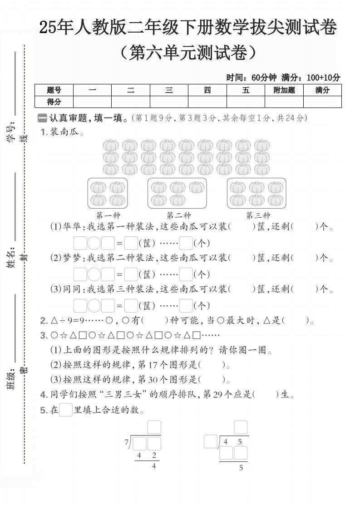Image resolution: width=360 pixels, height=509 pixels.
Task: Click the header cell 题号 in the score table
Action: pos(54,90)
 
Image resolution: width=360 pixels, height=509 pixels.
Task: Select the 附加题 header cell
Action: pos(284,90)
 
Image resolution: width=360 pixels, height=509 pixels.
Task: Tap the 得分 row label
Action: pos(54,102)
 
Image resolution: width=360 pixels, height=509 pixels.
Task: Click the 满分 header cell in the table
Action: pos(322,90)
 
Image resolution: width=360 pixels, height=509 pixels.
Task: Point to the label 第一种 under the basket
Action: pos(108,215)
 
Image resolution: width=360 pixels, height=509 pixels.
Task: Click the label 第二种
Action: pos(178,215)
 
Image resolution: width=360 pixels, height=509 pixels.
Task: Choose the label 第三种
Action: pos(258,215)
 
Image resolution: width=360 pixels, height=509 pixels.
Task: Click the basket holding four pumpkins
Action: pos(108,193)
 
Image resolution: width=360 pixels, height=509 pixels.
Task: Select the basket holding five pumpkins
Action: pos(177,193)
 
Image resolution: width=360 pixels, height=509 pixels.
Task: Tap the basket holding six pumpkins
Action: pos(256,193)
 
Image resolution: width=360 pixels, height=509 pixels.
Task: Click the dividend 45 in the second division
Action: pos(233,441)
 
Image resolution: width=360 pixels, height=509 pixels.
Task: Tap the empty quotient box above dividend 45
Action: pos(241,427)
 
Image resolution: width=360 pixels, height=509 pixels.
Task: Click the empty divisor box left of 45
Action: pos(210,441)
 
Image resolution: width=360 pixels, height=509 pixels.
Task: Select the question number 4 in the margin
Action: pos(43,395)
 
